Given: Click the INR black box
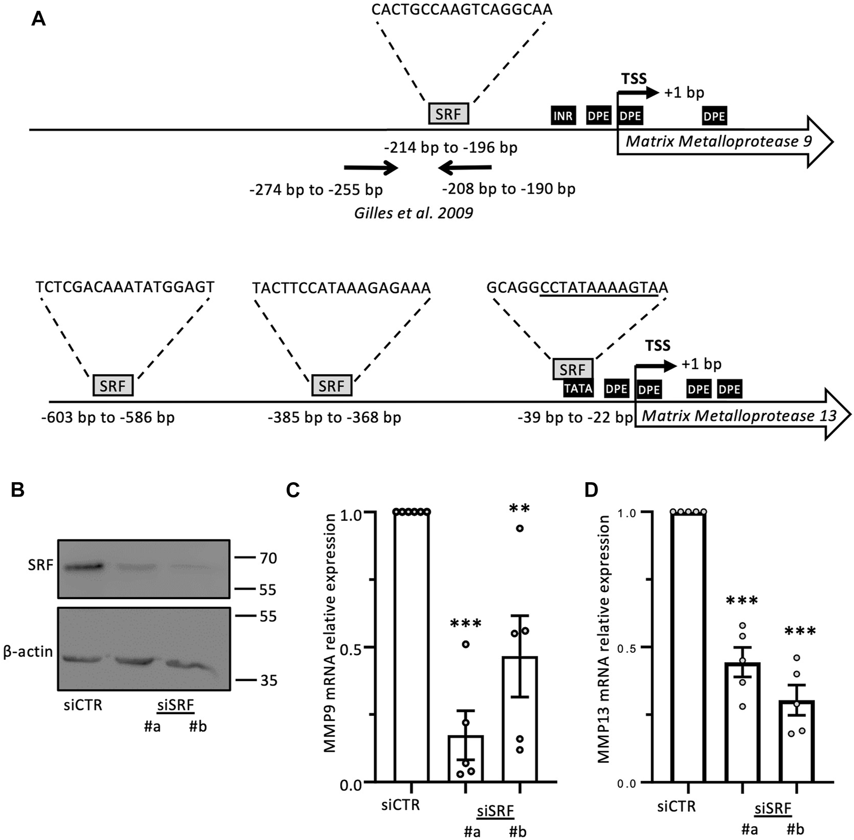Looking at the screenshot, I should pos(563,116).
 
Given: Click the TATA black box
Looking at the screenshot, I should pos(578,389).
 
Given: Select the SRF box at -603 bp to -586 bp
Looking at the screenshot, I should pos(113,385).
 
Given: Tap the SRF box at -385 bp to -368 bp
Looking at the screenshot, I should pos(332,385).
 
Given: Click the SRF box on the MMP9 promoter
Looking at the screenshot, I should pos(448,114).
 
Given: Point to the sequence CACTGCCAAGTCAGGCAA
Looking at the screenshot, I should pos(462,9).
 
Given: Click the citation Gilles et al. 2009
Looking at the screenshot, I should pos(413,213).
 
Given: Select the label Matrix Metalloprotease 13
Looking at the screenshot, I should pos(739,416).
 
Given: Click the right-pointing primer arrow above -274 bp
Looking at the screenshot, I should pos(371,168).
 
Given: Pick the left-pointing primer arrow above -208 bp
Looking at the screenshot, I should pos(465,168).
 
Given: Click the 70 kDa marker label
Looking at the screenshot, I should pos(268,558).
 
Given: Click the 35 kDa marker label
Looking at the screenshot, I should pos(268,681).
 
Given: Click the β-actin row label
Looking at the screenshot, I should pos(28,651).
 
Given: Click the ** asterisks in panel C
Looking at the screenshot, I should pos(520,509).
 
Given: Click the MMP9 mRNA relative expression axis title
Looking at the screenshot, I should pos(330,633).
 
